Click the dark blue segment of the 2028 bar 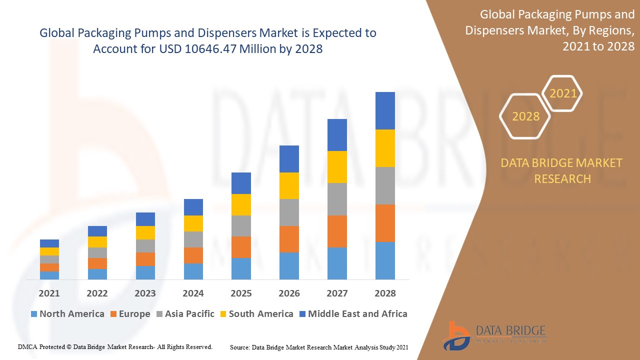(385, 110)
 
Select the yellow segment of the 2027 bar (337, 167)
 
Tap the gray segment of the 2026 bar (289, 212)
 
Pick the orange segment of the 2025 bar (241, 247)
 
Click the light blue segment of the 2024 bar (193, 271)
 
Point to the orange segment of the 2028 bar (385, 223)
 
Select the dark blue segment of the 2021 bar (49, 243)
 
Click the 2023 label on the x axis (145, 293)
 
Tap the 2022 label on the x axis (97, 293)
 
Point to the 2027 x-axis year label (337, 293)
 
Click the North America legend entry (67, 314)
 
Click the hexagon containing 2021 (563, 93)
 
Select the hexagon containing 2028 (525, 116)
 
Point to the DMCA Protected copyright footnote (115, 346)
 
